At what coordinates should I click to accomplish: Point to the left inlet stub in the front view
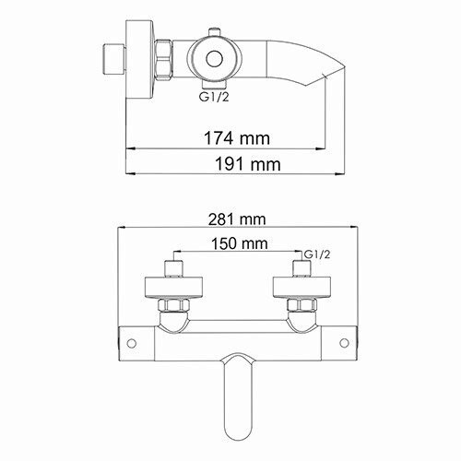pyautogui.click(x=172, y=272)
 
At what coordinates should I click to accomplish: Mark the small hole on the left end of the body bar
pyautogui.click(x=132, y=344)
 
